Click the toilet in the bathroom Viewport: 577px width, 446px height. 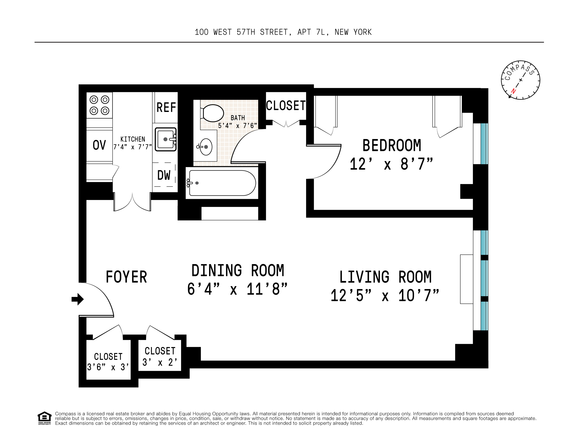pos(213,113)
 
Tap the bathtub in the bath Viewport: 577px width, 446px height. pos(222,183)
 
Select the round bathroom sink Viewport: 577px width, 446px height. pos(206,147)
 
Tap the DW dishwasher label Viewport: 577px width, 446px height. pos(164,175)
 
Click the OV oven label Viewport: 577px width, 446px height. pos(99,145)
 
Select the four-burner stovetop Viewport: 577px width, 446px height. pos(99,105)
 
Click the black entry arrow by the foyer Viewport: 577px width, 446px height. pos(77,299)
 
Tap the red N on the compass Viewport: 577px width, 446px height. pos(513,91)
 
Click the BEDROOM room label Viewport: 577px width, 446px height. pos(392,146)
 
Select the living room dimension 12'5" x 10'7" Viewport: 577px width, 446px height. pos(384,295)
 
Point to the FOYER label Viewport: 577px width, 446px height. pos(126,277)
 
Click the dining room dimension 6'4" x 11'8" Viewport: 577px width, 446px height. pos(237,289)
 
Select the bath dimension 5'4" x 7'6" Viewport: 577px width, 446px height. pos(237,126)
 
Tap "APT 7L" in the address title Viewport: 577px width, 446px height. pos(313,32)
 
